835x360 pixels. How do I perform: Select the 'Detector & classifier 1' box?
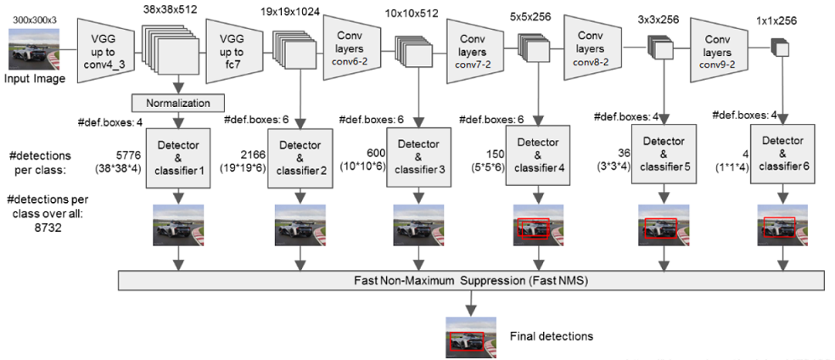click(178, 153)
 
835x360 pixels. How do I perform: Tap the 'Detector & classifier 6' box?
click(781, 153)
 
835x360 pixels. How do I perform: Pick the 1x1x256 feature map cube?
click(779, 50)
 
